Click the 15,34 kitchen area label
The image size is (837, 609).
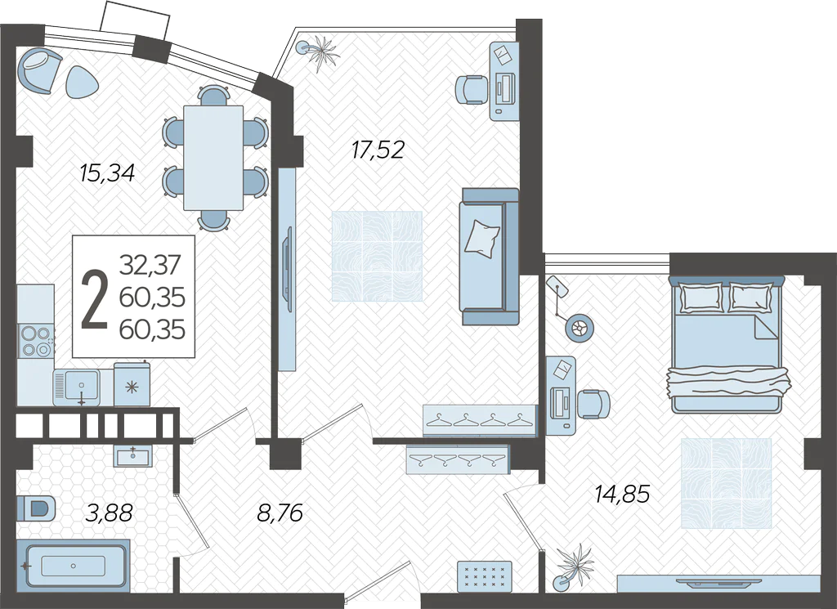(107, 173)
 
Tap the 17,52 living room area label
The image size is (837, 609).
(378, 150)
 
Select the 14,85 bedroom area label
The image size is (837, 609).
(622, 495)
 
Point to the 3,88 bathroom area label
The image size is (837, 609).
(109, 513)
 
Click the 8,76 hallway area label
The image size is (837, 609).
(280, 513)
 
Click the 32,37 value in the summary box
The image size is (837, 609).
(150, 265)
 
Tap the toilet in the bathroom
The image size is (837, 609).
(36, 508)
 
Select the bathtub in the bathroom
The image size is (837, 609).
(73, 566)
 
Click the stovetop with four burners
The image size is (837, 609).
(36, 342)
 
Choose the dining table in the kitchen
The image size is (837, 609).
(213, 158)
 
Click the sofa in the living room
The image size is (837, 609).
(490, 256)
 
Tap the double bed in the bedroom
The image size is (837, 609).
(727, 345)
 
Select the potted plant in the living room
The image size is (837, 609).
(319, 51)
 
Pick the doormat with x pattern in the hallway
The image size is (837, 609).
(485, 576)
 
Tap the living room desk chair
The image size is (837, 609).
(472, 89)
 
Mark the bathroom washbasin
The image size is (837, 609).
(132, 456)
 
